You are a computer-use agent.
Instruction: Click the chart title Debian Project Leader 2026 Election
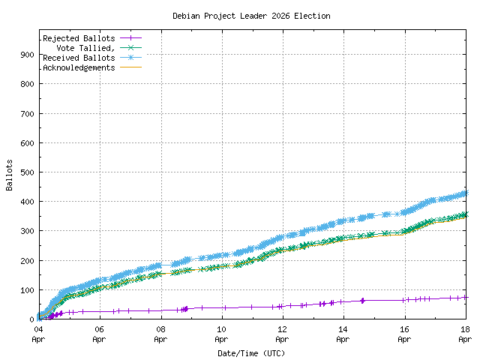pos(251,16)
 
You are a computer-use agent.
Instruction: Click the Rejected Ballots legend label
pos(79,38)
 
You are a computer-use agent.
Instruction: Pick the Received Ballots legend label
pos(79,58)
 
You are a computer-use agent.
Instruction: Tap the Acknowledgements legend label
pos(79,67)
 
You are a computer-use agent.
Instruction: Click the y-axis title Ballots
pos(10,175)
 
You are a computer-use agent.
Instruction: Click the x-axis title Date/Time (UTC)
pos(251,352)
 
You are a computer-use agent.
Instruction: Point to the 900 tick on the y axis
pos(26,55)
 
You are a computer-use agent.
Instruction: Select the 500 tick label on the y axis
pos(26,172)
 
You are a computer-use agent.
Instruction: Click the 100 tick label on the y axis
pos(26,290)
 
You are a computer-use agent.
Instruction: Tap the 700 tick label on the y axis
pos(26,113)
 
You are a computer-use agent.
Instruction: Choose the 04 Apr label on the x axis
pos(38,334)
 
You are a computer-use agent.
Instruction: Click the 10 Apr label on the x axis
pos(221,334)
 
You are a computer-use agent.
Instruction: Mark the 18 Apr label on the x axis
pos(464,334)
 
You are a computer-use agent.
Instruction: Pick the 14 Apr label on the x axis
pos(343,334)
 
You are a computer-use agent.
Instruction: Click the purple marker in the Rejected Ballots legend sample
pos(130,37)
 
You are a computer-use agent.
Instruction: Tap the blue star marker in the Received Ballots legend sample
pos(130,57)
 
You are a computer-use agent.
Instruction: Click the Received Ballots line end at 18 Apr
pos(464,193)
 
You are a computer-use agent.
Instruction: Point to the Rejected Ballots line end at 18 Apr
pos(464,297)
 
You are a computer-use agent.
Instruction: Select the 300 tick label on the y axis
pos(26,231)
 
